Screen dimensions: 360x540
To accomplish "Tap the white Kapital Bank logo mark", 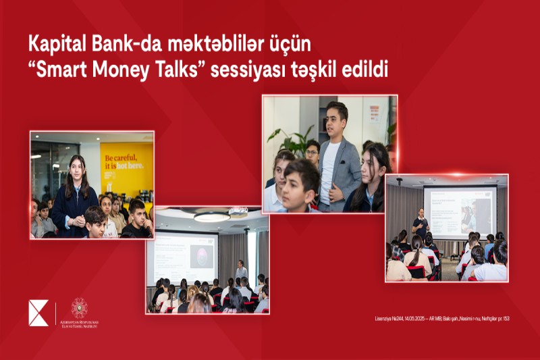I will click(38, 313).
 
